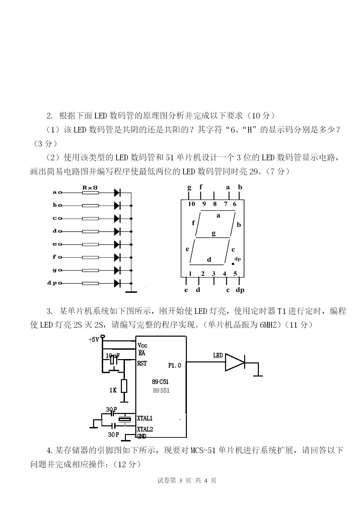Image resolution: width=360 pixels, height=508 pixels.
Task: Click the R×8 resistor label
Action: click(x=90, y=188)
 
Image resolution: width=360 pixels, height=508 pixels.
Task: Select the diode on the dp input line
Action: click(x=117, y=283)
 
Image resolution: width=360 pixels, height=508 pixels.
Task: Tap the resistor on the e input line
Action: click(x=90, y=244)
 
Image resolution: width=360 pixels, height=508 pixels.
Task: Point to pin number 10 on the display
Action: click(x=191, y=204)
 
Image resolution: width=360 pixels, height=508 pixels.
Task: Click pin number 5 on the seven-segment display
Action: click(x=235, y=274)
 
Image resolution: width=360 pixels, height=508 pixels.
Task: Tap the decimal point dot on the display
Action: click(x=233, y=264)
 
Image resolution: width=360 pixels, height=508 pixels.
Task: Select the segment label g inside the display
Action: click(x=214, y=233)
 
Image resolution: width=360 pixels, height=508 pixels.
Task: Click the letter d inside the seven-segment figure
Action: click(x=209, y=259)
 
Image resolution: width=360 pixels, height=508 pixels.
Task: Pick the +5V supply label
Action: click(x=94, y=339)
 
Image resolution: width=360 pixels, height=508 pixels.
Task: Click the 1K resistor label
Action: click(x=113, y=390)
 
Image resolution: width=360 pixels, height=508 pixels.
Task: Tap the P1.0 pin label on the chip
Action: click(x=174, y=365)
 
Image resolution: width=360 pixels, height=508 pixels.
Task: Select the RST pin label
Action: click(x=142, y=363)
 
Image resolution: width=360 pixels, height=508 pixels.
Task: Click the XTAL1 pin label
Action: click(x=145, y=418)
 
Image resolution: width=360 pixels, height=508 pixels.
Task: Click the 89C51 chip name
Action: click(x=160, y=382)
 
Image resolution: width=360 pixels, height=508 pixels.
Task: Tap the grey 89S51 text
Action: click(x=161, y=391)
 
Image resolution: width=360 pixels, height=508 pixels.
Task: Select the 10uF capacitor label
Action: click(x=113, y=356)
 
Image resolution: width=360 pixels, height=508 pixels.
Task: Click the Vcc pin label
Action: click(x=142, y=345)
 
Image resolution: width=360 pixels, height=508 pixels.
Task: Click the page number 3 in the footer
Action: click(x=181, y=481)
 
